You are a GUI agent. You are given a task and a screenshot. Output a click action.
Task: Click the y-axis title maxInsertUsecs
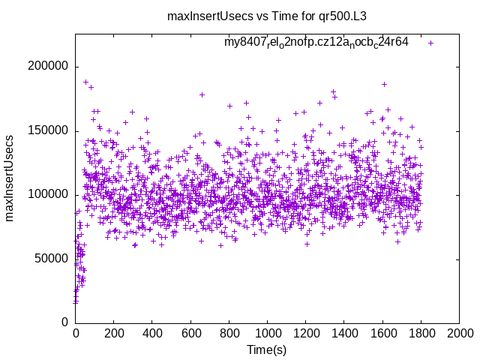[x=10, y=178]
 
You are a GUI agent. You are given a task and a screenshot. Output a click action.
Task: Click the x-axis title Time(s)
[x=266, y=349]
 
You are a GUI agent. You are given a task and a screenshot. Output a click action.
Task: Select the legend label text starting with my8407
[x=316, y=42]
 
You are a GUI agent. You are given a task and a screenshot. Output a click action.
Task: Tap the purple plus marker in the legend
[x=430, y=43]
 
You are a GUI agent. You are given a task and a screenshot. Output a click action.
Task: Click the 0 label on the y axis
[x=66, y=322]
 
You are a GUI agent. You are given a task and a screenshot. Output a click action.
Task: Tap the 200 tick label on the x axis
[x=114, y=334]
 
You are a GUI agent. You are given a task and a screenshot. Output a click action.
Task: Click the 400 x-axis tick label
[x=152, y=334]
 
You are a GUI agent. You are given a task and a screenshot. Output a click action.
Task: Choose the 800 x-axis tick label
[x=229, y=334]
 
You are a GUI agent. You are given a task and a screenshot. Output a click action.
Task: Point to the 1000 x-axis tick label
[x=267, y=334]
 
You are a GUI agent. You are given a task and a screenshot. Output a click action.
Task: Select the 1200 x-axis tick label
[x=305, y=334]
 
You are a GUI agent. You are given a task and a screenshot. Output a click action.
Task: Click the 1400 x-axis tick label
[x=343, y=334]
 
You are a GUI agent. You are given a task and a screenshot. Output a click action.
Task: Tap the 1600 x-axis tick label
[x=382, y=334]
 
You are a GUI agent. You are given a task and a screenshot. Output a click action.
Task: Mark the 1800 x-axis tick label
[x=420, y=334]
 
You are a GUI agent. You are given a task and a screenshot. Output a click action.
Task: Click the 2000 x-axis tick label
[x=458, y=334]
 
